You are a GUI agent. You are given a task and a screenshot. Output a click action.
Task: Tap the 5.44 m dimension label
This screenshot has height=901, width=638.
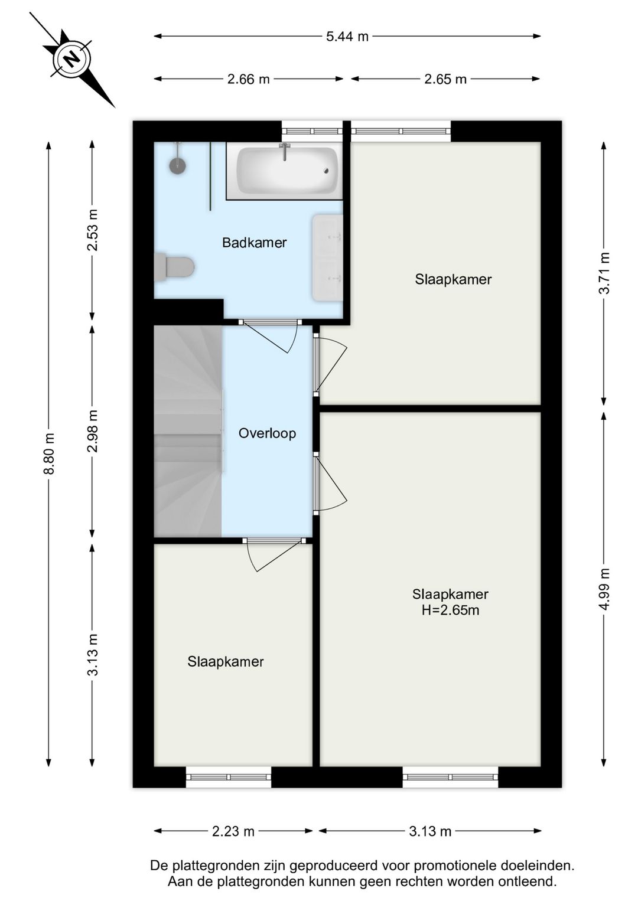(347, 37)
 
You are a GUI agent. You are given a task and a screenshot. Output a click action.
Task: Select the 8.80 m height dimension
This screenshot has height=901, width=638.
(48, 453)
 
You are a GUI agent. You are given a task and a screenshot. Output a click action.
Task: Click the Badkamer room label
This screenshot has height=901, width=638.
(255, 243)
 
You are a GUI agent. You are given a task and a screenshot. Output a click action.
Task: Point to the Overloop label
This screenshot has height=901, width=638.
(267, 433)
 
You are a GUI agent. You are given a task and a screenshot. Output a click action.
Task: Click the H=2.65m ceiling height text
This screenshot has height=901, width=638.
(450, 610)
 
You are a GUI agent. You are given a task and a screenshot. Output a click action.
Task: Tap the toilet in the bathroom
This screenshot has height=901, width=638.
(174, 266)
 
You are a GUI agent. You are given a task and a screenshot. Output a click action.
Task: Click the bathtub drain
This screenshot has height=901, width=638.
(327, 171)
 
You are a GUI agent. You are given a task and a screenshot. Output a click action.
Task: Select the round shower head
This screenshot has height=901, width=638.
(177, 165)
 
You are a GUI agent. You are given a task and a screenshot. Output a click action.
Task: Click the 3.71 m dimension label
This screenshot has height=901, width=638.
(604, 273)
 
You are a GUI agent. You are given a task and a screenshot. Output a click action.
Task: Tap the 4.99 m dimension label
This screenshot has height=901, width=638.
(604, 589)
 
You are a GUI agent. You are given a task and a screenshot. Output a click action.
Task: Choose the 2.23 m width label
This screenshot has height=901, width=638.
(233, 831)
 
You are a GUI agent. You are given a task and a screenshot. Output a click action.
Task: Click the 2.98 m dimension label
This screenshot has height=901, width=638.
(93, 431)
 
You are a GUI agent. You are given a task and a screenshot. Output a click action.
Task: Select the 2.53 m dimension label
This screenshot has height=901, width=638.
(93, 230)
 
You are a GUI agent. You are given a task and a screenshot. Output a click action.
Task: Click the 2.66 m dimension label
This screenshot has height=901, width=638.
(248, 79)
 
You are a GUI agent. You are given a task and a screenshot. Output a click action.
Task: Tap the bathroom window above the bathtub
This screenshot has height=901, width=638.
(312, 130)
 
